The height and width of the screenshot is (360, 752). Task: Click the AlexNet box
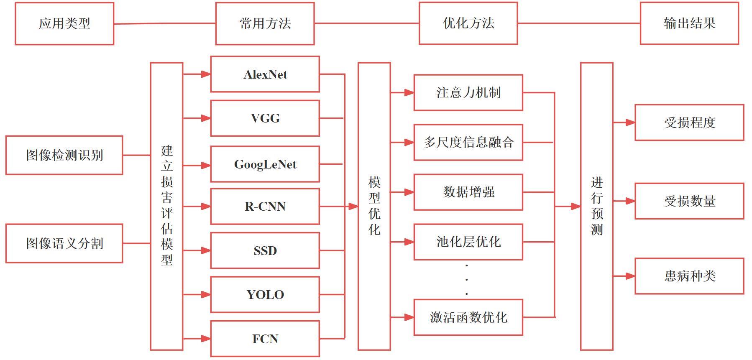(x=265, y=74)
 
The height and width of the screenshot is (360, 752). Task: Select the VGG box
(x=265, y=118)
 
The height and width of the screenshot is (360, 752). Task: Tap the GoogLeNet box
(x=265, y=164)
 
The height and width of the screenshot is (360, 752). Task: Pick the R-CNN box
(x=265, y=207)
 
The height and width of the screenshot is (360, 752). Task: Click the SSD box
(x=265, y=250)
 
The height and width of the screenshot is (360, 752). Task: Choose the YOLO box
(x=265, y=295)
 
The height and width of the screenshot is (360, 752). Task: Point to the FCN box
(x=265, y=339)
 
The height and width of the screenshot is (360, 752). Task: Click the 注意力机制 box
(x=468, y=93)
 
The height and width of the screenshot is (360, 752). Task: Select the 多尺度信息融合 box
(x=468, y=143)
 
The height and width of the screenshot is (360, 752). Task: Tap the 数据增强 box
(x=468, y=192)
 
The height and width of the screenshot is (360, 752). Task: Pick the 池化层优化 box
(x=468, y=242)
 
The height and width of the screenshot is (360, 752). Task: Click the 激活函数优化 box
(x=468, y=317)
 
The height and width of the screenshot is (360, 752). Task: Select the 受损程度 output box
(x=689, y=123)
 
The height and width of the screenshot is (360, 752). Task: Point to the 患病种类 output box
(x=689, y=276)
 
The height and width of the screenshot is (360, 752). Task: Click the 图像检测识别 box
(x=64, y=155)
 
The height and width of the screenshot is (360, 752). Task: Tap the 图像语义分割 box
(x=64, y=243)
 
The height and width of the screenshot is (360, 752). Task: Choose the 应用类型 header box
(x=64, y=23)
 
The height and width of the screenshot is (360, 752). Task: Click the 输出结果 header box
(x=689, y=23)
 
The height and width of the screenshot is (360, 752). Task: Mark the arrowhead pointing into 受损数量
(x=630, y=201)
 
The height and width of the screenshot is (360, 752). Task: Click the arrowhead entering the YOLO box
(x=205, y=295)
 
